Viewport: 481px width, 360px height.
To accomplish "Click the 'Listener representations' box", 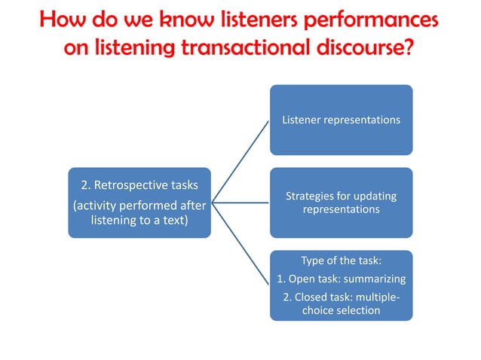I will click(341, 120).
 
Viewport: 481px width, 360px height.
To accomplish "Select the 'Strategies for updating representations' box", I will click(341, 203).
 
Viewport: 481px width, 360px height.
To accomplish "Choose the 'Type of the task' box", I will click(341, 285).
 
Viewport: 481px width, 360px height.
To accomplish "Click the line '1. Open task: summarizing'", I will click(341, 279).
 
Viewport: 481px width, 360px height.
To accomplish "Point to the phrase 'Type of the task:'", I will click(341, 261).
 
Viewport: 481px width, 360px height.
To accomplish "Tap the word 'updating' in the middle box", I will click(375, 197).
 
